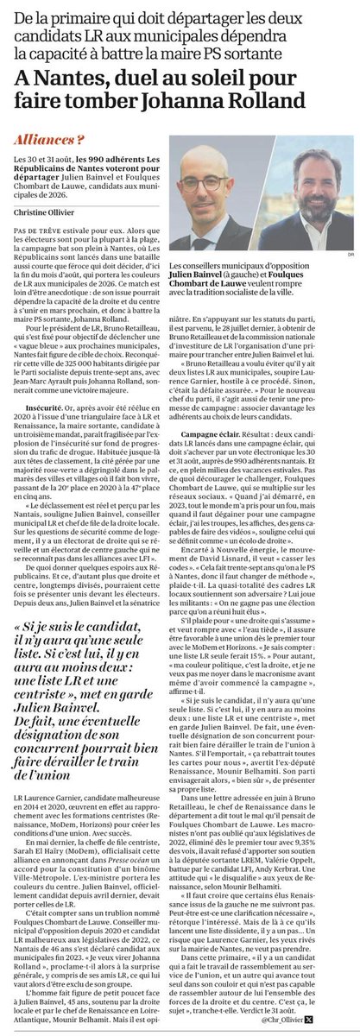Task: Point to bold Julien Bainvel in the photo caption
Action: (x=201, y=275)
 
